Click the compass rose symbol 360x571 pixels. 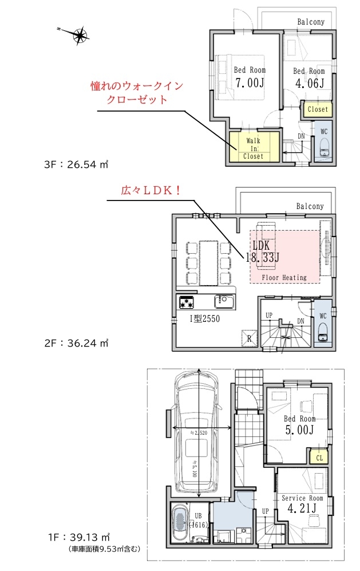click(x=80, y=36)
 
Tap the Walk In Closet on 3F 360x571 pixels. click(x=254, y=147)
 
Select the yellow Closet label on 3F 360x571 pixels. click(x=318, y=109)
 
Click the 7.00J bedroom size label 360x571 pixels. click(x=250, y=83)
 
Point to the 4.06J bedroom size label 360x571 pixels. click(x=310, y=84)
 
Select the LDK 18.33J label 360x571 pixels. click(x=263, y=251)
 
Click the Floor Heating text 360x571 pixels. click(x=284, y=278)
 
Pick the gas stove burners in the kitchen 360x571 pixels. click(x=187, y=302)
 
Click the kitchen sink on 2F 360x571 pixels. click(x=223, y=302)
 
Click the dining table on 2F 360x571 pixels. click(x=208, y=263)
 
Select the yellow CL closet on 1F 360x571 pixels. click(x=319, y=458)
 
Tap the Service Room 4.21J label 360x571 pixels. click(x=302, y=503)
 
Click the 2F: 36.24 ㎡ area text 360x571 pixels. click(x=77, y=343)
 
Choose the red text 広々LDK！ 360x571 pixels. click(x=151, y=191)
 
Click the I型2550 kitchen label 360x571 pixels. click(x=204, y=319)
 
